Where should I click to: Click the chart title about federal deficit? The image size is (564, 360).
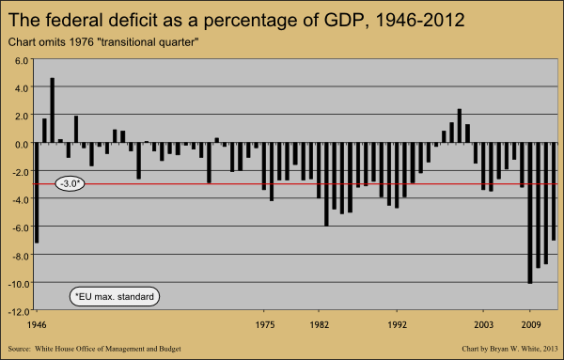coord(236,20)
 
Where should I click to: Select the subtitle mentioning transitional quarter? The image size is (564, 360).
coord(103,42)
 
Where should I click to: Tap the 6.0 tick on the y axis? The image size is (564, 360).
coord(22,60)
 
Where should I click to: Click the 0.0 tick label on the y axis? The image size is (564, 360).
coord(22,144)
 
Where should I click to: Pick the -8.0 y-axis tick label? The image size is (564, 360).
coord(20,256)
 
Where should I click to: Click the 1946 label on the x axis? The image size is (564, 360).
coord(37,325)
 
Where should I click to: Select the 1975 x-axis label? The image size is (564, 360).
coord(265,325)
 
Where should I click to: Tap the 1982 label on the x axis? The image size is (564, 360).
coord(320,325)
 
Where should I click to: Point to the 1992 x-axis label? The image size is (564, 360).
coord(397,325)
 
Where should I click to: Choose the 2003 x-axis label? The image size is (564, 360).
coord(484,325)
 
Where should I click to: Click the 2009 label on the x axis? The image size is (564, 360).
coord(531,325)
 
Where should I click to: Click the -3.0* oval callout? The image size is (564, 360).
coord(70,184)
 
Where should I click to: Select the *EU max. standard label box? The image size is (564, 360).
coord(115,297)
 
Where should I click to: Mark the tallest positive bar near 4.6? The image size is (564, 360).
coord(52,110)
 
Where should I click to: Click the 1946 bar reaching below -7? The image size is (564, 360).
coord(37,193)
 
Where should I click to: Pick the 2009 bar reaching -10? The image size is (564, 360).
coord(530,213)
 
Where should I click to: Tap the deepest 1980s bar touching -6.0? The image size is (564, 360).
coord(326,184)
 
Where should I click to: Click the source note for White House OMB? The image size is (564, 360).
coord(95,349)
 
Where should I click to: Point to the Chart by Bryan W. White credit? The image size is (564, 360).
coord(509,349)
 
